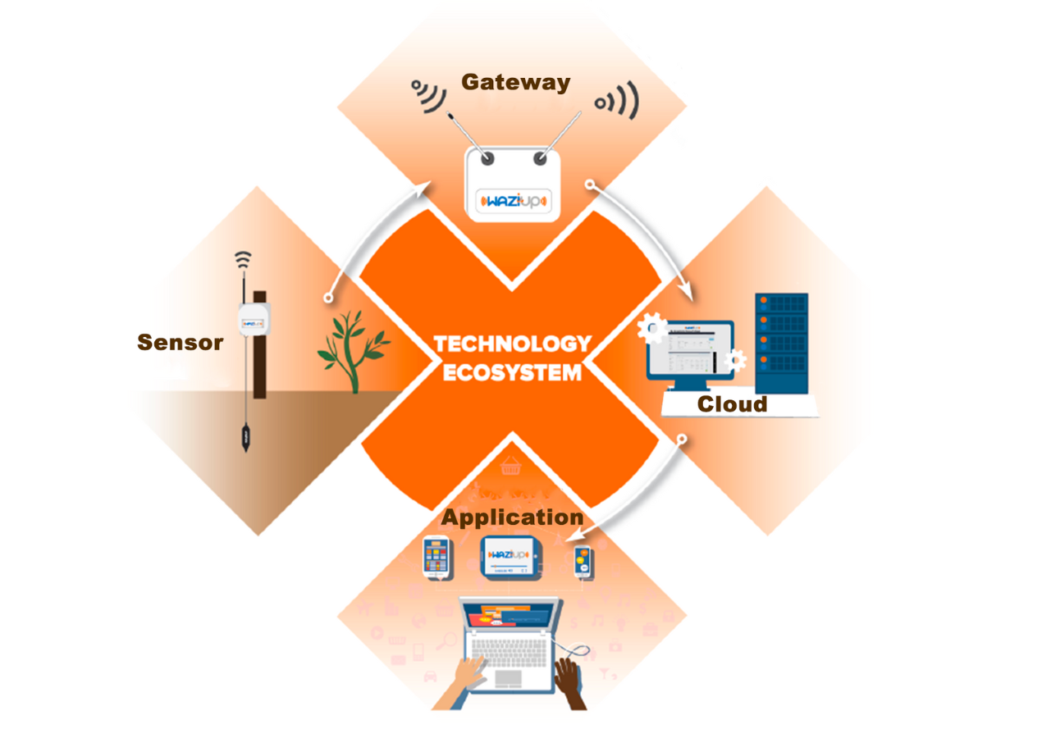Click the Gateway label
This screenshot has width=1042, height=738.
point(515,82)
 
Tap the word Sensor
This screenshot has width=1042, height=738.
point(180,342)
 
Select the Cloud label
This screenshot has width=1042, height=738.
point(732,404)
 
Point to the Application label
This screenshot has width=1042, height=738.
point(512,517)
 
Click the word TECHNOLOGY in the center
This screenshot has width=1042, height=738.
point(512,344)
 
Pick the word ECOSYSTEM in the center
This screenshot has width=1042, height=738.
point(512,372)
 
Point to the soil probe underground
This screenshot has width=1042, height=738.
point(245,435)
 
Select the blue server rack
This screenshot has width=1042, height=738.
point(781,343)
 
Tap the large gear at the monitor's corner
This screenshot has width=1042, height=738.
point(653,329)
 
